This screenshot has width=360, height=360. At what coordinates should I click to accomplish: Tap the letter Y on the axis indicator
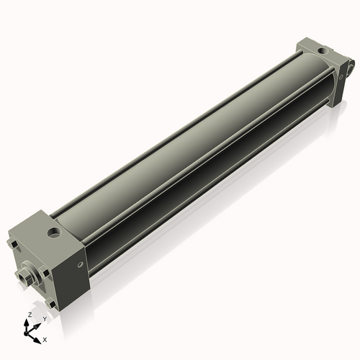click(44, 318)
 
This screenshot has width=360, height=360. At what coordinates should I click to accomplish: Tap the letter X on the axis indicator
click(45, 338)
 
